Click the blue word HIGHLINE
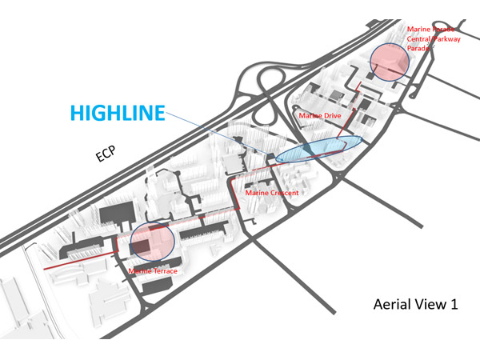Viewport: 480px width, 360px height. coord(117,114)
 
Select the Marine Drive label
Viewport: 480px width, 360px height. coord(319,116)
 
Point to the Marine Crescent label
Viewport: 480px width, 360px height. coord(272,193)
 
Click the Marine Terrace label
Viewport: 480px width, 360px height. coord(153,270)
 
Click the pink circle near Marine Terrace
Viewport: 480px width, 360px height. coord(152,242)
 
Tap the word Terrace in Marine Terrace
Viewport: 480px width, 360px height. coord(163,270)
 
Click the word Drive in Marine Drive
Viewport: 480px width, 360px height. coord(330,116)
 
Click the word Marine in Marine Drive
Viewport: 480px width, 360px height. coord(310,116)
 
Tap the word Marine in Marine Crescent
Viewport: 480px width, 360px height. coord(257,193)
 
